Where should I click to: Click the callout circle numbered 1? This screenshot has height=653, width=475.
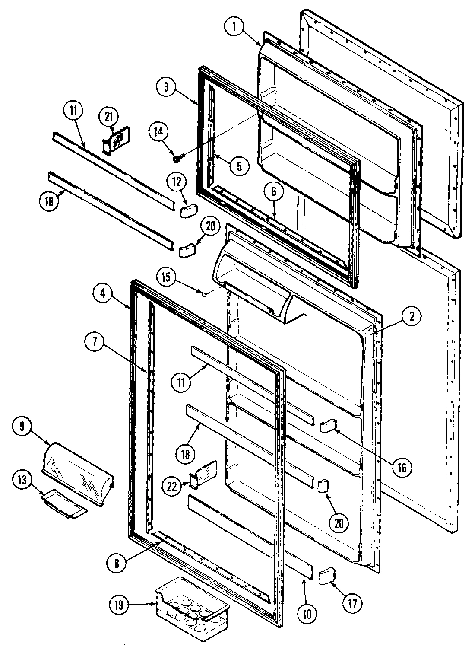(x=234, y=27)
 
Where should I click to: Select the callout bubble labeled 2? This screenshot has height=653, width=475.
(x=412, y=316)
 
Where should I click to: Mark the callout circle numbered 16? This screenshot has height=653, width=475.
(x=402, y=467)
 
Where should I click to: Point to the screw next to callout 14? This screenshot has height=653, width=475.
(x=177, y=159)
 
